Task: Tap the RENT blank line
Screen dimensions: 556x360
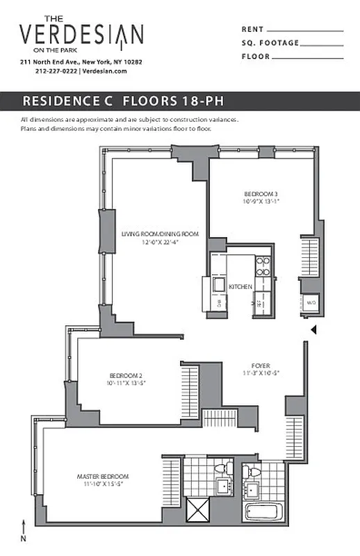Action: tap(305, 31)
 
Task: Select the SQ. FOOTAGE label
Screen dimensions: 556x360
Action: tap(270, 43)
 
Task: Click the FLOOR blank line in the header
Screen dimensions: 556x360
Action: tap(305, 57)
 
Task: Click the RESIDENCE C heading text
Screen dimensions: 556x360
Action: tap(68, 100)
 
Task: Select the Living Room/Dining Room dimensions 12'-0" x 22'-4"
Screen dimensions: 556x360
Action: tap(160, 243)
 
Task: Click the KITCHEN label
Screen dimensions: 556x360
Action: tap(241, 286)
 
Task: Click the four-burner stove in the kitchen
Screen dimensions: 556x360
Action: tap(263, 267)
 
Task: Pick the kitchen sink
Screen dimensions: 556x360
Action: tap(218, 286)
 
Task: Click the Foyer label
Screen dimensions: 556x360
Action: tap(261, 365)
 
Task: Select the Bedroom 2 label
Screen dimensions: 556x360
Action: tap(125, 376)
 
